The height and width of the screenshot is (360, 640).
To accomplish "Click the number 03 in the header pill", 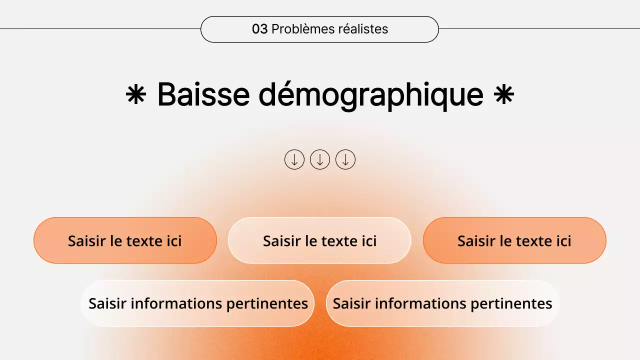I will pos(259,29).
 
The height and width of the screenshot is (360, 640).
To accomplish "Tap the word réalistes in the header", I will pos(363,29).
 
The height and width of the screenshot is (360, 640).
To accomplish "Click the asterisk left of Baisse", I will pos(135,94).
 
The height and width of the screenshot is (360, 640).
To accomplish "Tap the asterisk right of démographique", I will pos(504,94).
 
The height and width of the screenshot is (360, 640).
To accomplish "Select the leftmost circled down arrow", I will pos(294,159).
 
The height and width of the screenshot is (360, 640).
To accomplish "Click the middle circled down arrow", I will pos(320,159).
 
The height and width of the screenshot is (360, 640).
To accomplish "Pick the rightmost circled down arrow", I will pos(345,159).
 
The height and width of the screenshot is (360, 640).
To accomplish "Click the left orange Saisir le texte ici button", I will pos(125,240).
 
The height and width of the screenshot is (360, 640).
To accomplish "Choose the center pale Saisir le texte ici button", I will pos(319,240).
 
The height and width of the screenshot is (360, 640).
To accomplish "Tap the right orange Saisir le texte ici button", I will pos(514,240).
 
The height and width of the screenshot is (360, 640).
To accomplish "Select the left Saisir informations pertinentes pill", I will pos(198,303).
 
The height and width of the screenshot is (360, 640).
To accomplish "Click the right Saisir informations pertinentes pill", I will pos(442,303).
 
